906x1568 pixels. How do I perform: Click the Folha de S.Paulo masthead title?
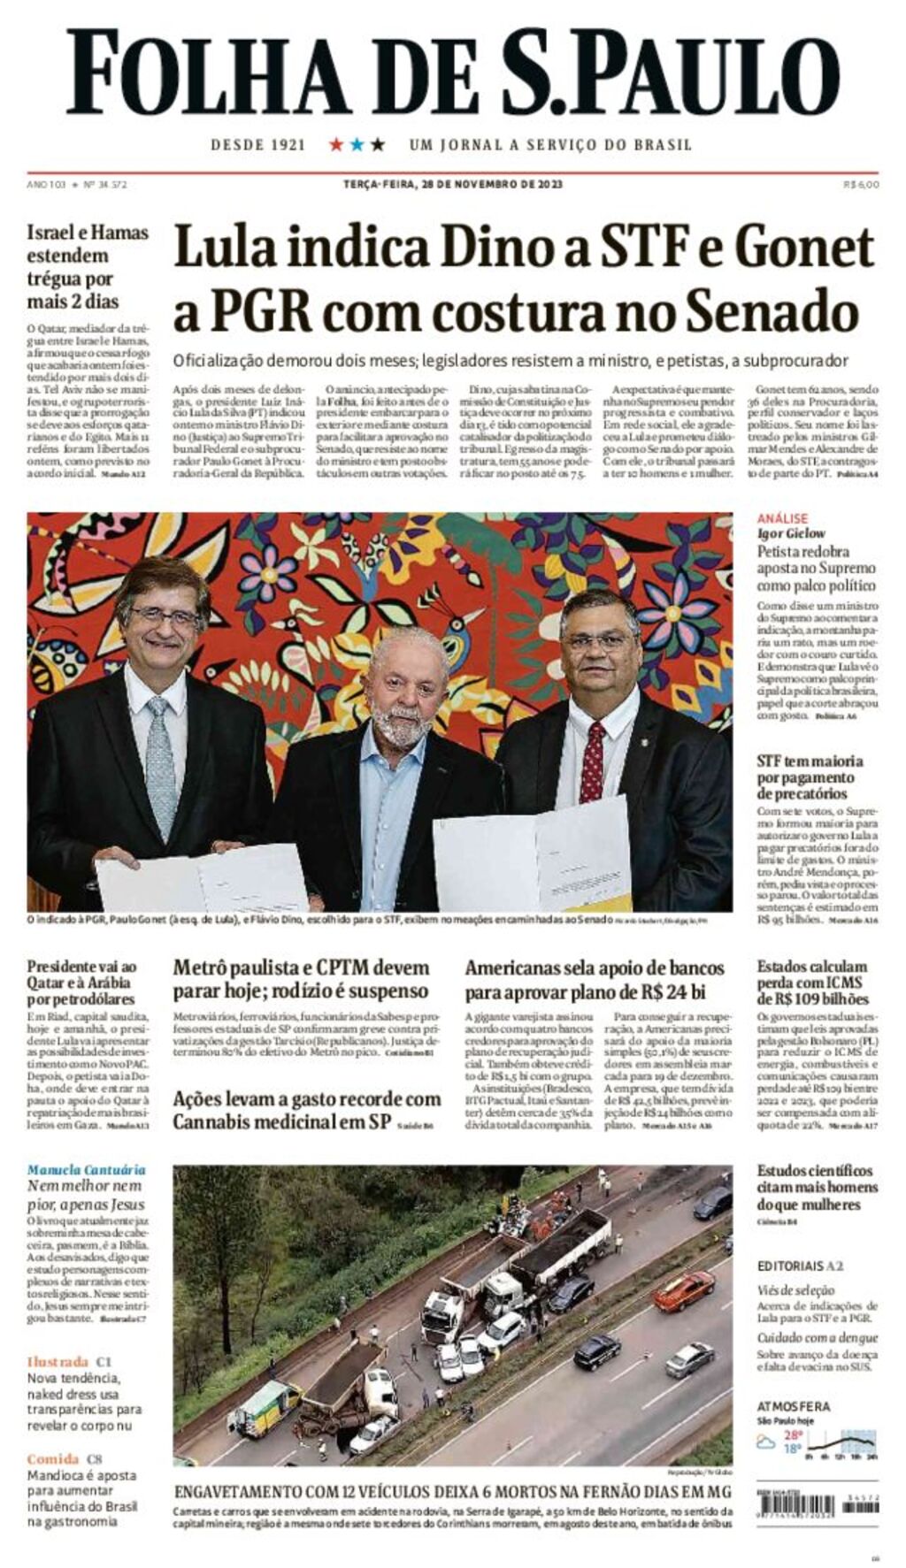pyautogui.click(x=452, y=73)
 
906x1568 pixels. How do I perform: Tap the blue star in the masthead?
pyautogui.click(x=357, y=144)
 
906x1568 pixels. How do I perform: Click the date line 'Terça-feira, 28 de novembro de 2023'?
pyautogui.click(x=452, y=184)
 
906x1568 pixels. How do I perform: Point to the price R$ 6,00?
pyautogui.click(x=861, y=184)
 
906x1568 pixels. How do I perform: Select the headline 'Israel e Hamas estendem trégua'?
pyautogui.click(x=87, y=266)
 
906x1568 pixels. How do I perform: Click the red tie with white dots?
pyautogui.click(x=592, y=761)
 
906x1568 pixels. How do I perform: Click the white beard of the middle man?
pyautogui.click(x=402, y=724)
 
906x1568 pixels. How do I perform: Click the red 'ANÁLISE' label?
pyautogui.click(x=782, y=518)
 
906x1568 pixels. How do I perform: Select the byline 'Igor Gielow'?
pyautogui.click(x=791, y=533)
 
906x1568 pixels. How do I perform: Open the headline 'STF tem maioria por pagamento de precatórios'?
pyautogui.click(x=810, y=777)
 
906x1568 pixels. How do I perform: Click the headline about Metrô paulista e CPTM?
pyautogui.click(x=301, y=979)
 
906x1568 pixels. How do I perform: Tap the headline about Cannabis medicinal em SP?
pyautogui.click(x=306, y=1110)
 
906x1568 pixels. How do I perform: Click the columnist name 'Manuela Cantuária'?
pyautogui.click(x=86, y=1170)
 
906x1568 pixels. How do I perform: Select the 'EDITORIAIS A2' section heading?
pyautogui.click(x=800, y=1266)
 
